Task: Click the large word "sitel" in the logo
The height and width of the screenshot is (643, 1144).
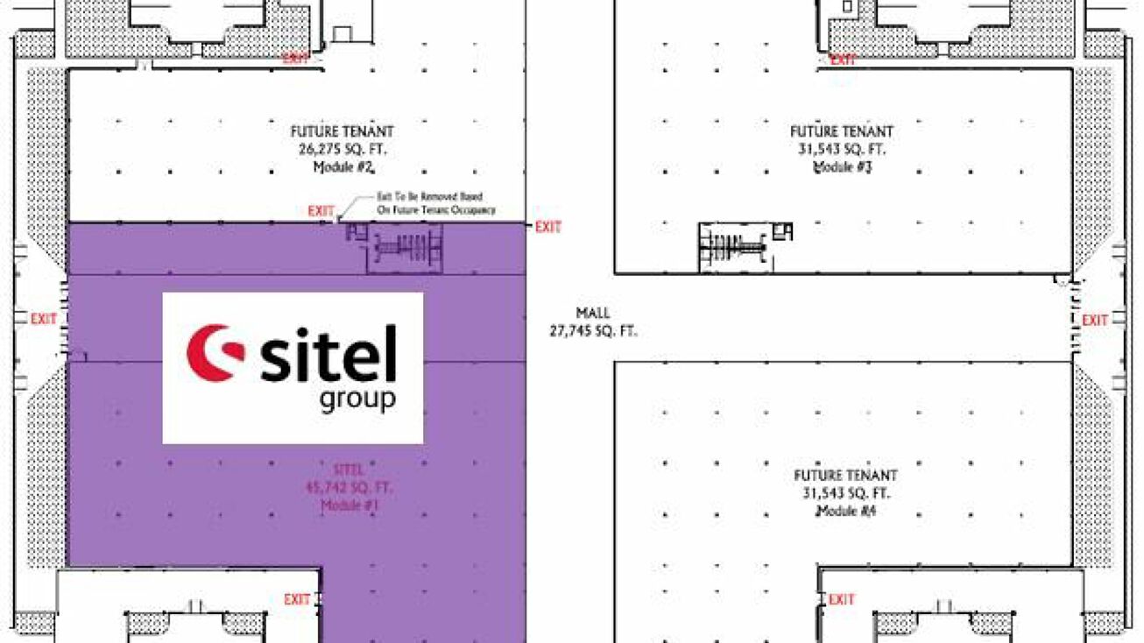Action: click(x=328, y=354)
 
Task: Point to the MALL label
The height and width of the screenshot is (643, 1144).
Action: click(x=593, y=313)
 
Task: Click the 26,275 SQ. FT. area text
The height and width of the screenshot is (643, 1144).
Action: click(x=342, y=149)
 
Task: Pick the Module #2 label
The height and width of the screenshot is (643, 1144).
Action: click(x=342, y=166)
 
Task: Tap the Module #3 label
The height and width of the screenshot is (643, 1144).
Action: click(x=842, y=166)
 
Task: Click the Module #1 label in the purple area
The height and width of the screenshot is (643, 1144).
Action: click(x=350, y=505)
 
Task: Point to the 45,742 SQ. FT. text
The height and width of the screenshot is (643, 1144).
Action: click(x=350, y=488)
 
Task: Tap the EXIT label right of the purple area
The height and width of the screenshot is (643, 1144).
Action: click(x=548, y=228)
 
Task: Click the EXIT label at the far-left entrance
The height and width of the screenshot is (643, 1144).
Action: click(x=44, y=320)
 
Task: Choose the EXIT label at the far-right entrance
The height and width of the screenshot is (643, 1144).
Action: click(x=1095, y=321)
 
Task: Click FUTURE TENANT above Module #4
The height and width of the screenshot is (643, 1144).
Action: click(x=845, y=476)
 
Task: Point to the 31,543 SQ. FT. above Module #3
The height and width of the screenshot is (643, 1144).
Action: click(x=842, y=149)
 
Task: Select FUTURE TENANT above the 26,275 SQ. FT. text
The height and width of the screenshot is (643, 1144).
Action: click(x=342, y=131)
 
